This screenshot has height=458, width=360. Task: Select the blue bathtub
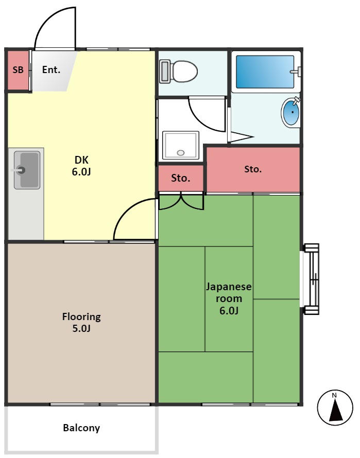pyautogui.click(x=265, y=72)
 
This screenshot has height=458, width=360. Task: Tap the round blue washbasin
pyautogui.click(x=291, y=113)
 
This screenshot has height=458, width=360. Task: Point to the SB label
pyautogui.click(x=18, y=70)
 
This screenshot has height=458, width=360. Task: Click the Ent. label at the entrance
pyautogui.click(x=51, y=70)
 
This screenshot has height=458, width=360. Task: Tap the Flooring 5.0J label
pyautogui.click(x=81, y=323)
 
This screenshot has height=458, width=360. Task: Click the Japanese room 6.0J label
pyautogui.click(x=229, y=298)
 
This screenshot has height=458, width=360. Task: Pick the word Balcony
pyautogui.click(x=81, y=428)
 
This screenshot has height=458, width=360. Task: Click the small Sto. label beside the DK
pyautogui.click(x=181, y=179)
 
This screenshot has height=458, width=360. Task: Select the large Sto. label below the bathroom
pyautogui.click(x=253, y=169)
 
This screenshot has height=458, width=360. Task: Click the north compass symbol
pyautogui.click(x=334, y=408)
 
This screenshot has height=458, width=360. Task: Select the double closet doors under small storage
pyautogui.click(x=181, y=201)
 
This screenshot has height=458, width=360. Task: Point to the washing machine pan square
pyautogui.click(x=180, y=145)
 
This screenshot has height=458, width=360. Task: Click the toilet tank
pyautogui.click(x=165, y=72)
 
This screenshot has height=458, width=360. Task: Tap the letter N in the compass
pyautogui.click(x=334, y=395)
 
